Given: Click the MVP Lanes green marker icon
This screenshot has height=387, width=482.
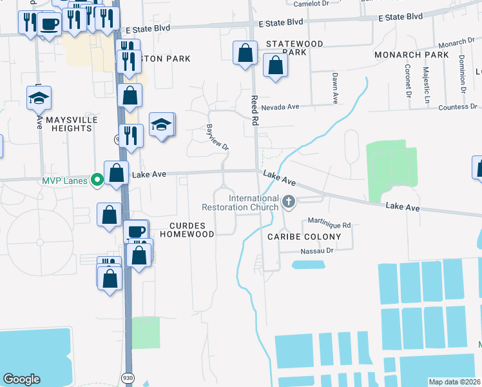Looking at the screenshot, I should point(97,179).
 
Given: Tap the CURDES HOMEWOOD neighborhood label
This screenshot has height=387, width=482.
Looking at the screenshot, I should point(191,230).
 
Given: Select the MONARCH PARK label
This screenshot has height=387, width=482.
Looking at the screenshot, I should point(412,55).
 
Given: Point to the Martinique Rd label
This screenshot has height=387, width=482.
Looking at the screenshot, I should point(329,225).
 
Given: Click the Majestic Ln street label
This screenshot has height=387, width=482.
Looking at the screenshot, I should point(427,88).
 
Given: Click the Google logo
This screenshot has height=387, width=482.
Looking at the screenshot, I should point(21,379).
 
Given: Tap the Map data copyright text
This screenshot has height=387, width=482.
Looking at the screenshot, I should point(455,382).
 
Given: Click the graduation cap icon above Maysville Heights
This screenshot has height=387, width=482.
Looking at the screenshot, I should point(39,98).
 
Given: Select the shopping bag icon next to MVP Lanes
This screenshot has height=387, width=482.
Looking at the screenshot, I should point(116,174).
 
